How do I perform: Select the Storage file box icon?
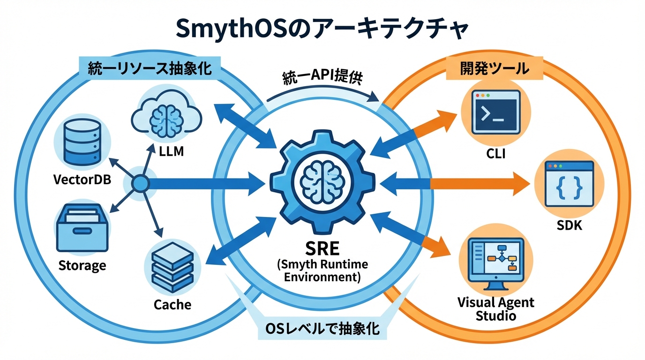[x=82, y=230]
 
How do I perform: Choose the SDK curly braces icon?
[x=569, y=184]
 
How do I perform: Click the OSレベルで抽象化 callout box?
[x=322, y=329]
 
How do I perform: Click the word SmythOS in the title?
[x=225, y=29]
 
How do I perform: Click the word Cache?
[x=172, y=305]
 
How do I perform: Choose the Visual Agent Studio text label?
[x=495, y=308]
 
